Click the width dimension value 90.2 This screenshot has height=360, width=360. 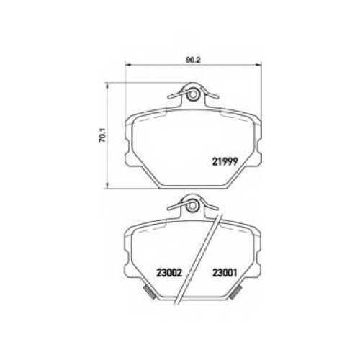coord(193,60)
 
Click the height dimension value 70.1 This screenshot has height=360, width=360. coord(102,138)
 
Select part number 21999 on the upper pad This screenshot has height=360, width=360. coord(225,161)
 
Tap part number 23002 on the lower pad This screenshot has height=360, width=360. coord(169,273)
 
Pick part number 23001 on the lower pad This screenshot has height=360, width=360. coord(225,273)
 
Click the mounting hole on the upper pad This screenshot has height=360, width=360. coord(192,94)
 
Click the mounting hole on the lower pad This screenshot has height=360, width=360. coord(192,206)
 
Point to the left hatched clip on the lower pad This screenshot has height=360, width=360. coord(150,292)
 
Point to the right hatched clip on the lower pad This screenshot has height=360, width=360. coord(235,292)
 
